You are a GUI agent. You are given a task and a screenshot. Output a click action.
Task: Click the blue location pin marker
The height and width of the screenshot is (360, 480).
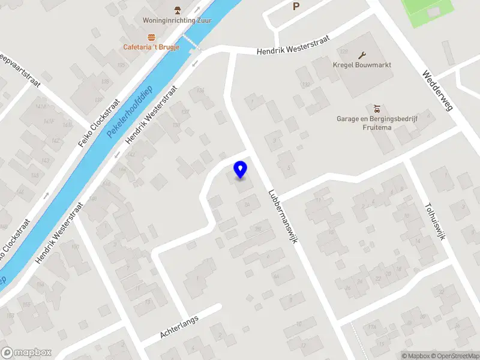pos(240,170)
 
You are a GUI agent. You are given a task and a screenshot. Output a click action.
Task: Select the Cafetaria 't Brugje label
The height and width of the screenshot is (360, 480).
pos(151,47)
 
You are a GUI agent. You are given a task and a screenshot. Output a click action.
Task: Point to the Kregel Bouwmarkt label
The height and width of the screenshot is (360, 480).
pos(362,65)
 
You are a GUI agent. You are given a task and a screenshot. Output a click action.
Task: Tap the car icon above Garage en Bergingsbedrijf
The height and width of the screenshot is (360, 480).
pos(376,109)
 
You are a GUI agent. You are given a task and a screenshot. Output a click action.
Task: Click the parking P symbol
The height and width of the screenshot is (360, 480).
pos(295,7)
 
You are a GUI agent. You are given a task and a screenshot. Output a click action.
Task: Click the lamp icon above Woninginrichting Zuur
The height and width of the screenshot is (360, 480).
pos(177,10)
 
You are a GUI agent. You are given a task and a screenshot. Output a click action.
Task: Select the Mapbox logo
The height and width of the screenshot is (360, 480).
pos(26,353)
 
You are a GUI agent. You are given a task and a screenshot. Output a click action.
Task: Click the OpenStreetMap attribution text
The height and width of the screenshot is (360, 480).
pos(455,356)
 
